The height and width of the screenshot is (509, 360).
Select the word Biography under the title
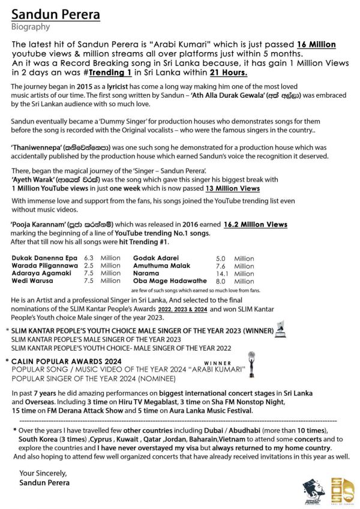pos(31,27)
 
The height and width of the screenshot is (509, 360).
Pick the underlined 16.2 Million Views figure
pos(254,224)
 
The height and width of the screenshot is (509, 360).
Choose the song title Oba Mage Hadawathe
pos(169,281)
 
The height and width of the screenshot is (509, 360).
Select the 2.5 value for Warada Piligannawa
pos(90,265)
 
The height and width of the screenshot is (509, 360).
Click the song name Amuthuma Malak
pos(160,265)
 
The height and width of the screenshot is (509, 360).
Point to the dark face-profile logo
pos(312,486)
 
